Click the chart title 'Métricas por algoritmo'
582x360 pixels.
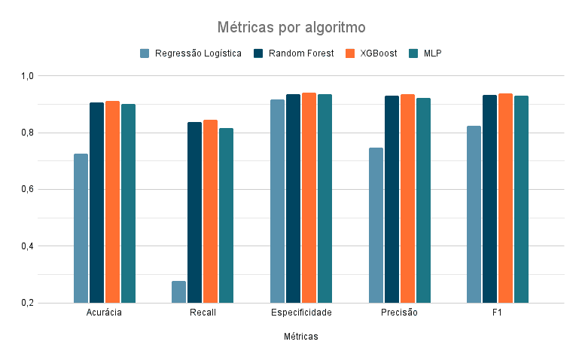291,28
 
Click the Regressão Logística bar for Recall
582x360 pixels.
178,291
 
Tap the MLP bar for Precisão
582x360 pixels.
423,200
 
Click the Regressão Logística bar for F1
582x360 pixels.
474,214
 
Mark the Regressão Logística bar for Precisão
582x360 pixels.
376,225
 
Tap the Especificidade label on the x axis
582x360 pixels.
301,313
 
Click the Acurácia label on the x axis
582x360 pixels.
105,313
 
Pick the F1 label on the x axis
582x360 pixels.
497,313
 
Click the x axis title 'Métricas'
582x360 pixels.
301,337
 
